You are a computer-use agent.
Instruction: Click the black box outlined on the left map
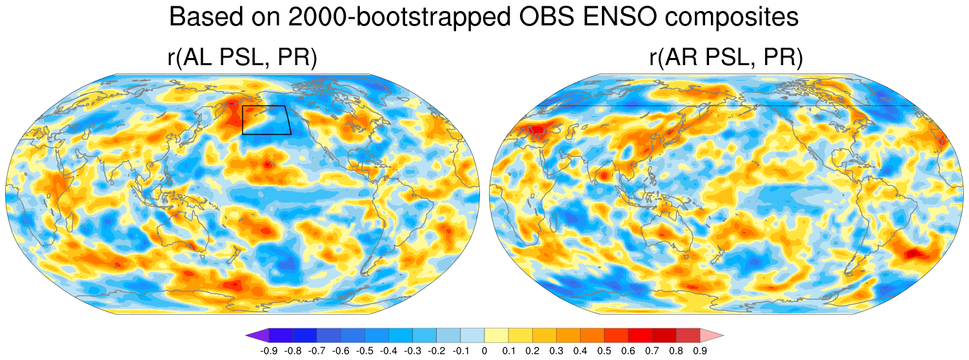[266, 119]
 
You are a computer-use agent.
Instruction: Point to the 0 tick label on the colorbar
[484, 351]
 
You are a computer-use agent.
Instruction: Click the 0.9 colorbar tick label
[700, 351]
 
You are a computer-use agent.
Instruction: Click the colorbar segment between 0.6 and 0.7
[640, 335]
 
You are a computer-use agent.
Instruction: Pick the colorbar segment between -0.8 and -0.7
[305, 335]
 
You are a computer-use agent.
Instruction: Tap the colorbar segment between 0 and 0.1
[496, 335]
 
